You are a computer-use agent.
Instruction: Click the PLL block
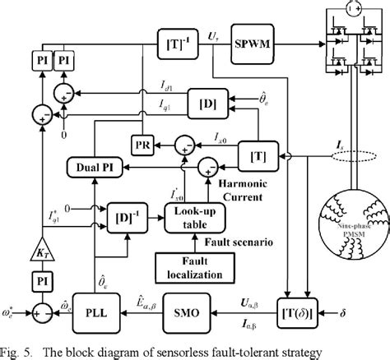(x=104, y=313)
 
